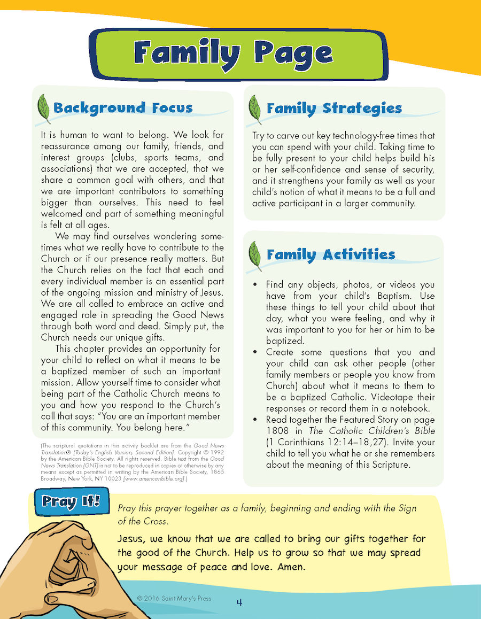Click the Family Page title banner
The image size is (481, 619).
point(234,54)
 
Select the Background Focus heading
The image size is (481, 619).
point(123,108)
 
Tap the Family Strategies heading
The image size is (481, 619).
point(334,109)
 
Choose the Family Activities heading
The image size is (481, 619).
point(331,254)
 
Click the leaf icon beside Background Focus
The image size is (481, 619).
point(42,109)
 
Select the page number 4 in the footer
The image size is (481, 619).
point(239,602)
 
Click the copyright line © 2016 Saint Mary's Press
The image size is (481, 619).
point(174,598)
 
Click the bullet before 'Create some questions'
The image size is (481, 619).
point(256,352)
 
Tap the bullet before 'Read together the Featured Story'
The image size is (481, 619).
point(256,420)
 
